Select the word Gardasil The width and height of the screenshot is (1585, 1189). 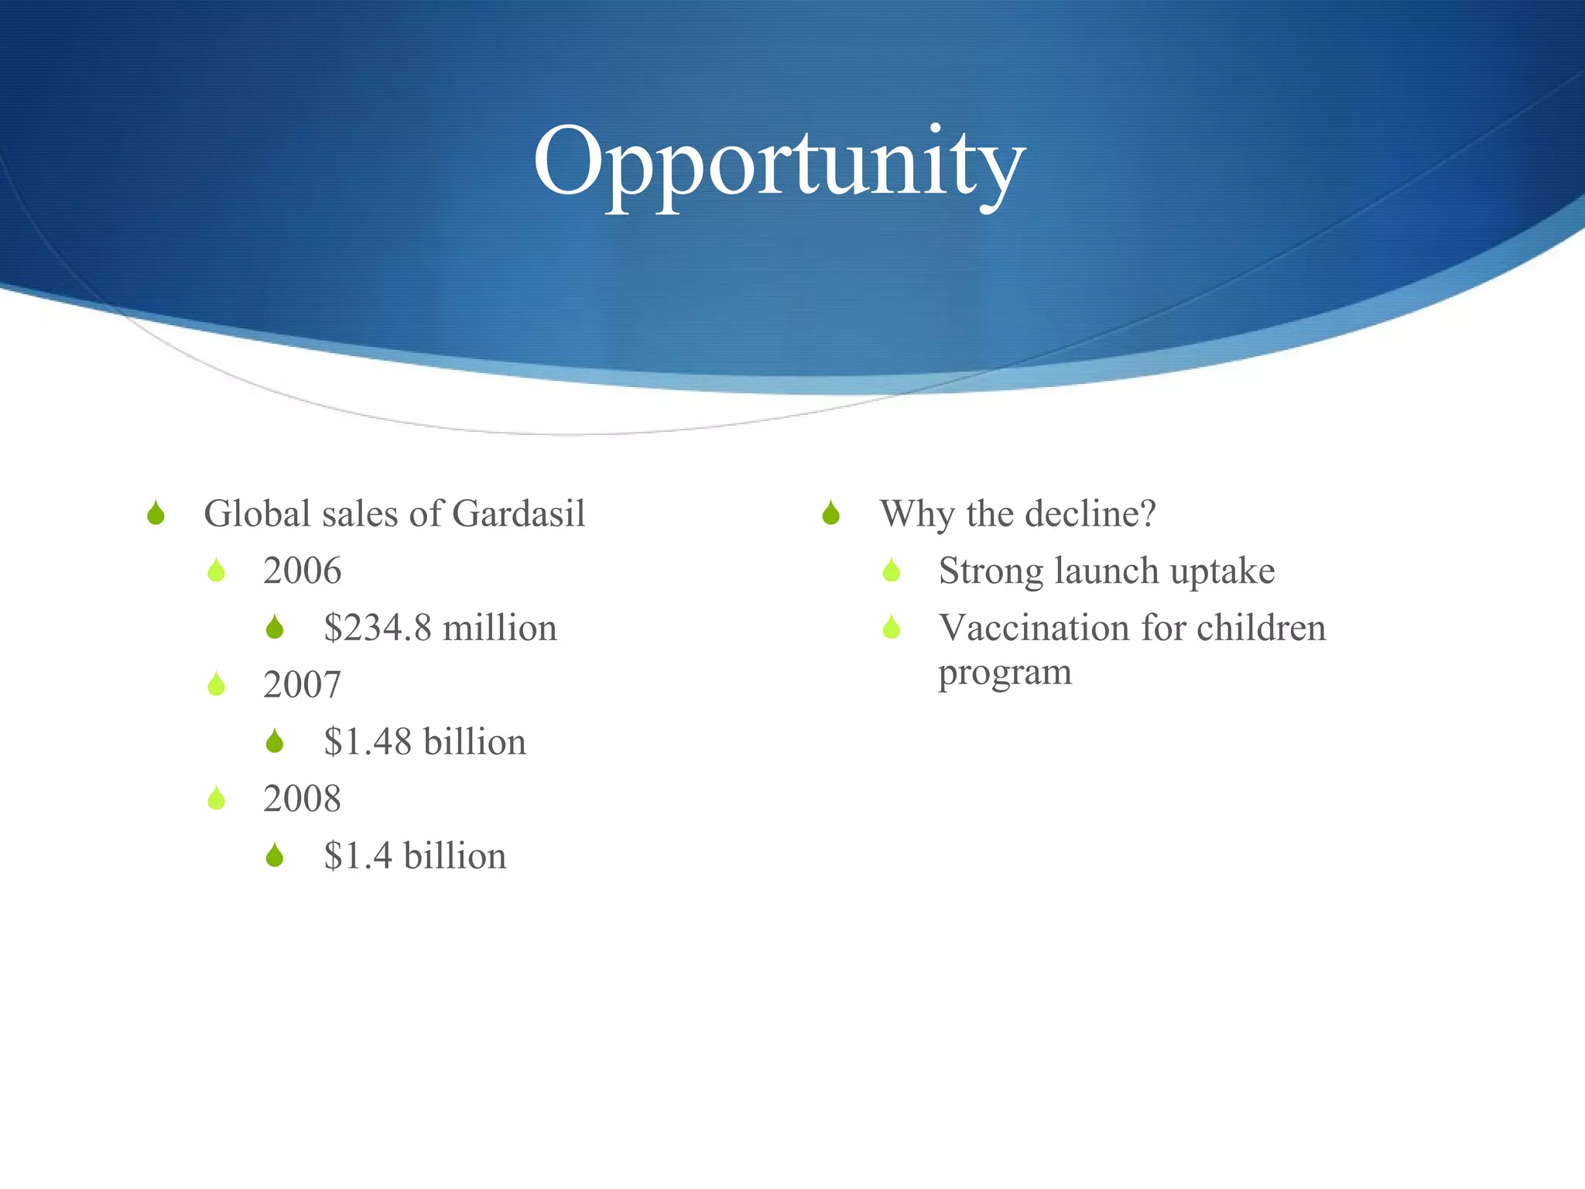coord(519,514)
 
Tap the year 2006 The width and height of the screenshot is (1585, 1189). coord(302,571)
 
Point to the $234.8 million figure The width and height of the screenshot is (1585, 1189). coord(440,628)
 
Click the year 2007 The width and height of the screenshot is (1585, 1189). coord(302,685)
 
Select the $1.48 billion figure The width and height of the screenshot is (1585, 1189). coord(424,742)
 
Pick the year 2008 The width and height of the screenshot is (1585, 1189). coord(302,799)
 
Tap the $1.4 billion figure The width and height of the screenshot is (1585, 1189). coord(415,856)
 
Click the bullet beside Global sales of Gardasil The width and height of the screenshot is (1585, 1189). coord(156,513)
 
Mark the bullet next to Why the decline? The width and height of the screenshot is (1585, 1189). coord(831,513)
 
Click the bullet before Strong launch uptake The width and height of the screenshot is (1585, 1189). coord(892,571)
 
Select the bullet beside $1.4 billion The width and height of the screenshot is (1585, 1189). coord(275,855)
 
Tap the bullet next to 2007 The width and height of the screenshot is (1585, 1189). coord(217,684)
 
